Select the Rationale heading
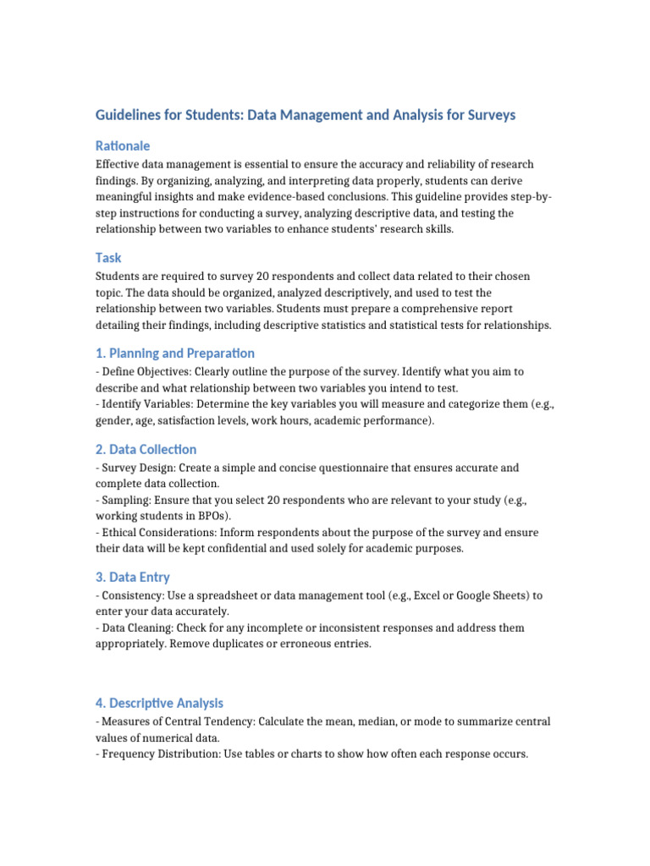[x=123, y=146]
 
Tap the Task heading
[x=109, y=258]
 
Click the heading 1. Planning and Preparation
[x=175, y=353]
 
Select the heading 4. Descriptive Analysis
[x=160, y=703]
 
